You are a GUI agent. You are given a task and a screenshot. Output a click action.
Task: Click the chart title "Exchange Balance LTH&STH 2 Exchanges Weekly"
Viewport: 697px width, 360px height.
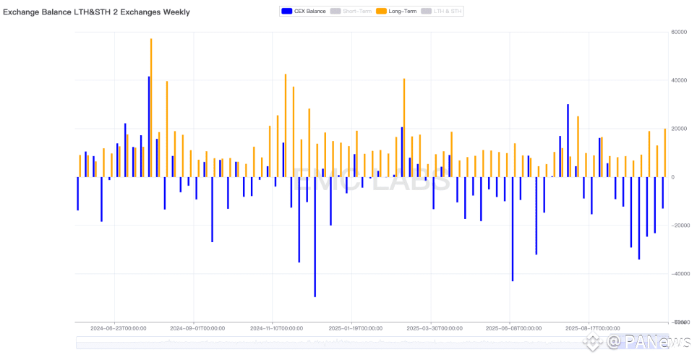tap(97, 12)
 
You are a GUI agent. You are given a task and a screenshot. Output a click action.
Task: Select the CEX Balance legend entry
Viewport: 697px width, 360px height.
tap(304, 11)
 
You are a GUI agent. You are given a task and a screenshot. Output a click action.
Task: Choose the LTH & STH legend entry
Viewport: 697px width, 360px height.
tap(442, 11)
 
